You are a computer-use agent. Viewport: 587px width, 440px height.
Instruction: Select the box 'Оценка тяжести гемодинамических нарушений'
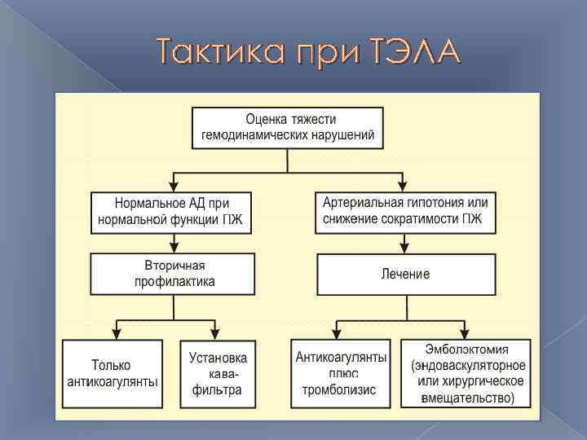click(x=288, y=127)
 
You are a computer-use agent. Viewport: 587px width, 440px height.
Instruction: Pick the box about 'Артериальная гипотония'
click(x=405, y=210)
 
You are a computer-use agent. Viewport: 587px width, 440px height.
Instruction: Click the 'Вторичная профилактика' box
click(x=173, y=274)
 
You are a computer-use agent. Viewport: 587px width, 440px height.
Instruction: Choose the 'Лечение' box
click(x=405, y=275)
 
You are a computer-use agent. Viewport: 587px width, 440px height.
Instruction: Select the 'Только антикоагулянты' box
click(x=112, y=373)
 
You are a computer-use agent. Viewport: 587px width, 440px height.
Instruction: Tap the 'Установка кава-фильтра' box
click(x=217, y=373)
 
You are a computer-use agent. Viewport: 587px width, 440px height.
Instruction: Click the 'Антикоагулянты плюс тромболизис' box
click(x=340, y=373)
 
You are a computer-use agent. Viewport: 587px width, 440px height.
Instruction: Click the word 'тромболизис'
click(x=339, y=389)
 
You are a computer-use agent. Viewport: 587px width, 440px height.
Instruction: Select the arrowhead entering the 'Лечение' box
click(x=403, y=248)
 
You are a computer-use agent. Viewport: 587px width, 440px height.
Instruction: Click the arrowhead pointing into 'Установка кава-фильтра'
click(x=214, y=333)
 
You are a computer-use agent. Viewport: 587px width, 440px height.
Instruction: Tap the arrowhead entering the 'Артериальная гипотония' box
click(x=403, y=185)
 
